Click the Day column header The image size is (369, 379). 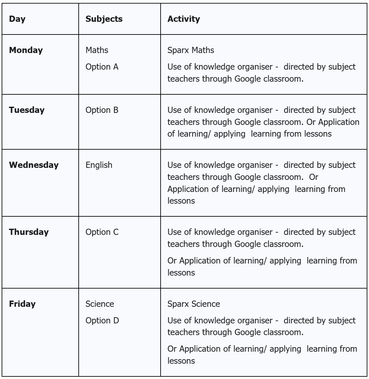pyautogui.click(x=17, y=19)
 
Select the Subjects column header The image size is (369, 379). pyautogui.click(x=104, y=19)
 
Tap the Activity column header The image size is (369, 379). pyautogui.click(x=184, y=19)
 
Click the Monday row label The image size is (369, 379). pyautogui.click(x=26, y=50)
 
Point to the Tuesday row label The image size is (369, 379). pyautogui.click(x=27, y=110)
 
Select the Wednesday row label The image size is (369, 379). pyautogui.click(x=34, y=165)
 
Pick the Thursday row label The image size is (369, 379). pyautogui.click(x=29, y=232)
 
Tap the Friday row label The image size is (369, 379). pyautogui.click(x=22, y=304)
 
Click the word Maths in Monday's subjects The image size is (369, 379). pyautogui.click(x=97, y=50)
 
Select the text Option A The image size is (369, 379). pyautogui.click(x=102, y=67)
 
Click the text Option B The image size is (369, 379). pyautogui.click(x=102, y=110)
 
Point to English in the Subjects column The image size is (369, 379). pyautogui.click(x=99, y=165)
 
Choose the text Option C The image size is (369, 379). pyautogui.click(x=102, y=232)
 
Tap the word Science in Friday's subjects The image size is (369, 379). pyautogui.click(x=100, y=304)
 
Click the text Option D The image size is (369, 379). pyautogui.click(x=102, y=320)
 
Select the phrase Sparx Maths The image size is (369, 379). pyautogui.click(x=191, y=50)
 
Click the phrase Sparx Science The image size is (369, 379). pyautogui.click(x=194, y=304)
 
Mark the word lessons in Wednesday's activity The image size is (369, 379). pyautogui.click(x=181, y=201)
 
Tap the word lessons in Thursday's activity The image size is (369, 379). pyautogui.click(x=181, y=273)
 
